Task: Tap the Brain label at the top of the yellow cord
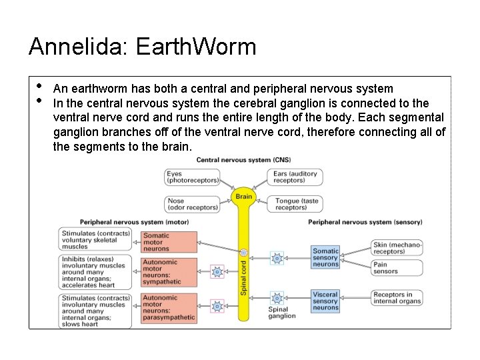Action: click(x=244, y=197)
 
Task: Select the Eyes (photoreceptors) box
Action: click(x=193, y=177)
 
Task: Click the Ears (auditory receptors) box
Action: click(x=295, y=177)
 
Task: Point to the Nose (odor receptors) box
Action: click(x=193, y=204)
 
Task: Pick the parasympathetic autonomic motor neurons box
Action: click(x=169, y=307)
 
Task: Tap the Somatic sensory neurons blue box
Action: click(x=325, y=258)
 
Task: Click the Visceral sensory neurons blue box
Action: click(x=325, y=301)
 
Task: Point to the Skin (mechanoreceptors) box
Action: click(x=397, y=248)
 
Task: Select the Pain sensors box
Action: click(x=397, y=268)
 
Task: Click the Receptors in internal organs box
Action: click(x=397, y=298)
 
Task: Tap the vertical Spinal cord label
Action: click(x=244, y=277)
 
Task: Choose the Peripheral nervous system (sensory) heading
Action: click(x=365, y=222)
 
